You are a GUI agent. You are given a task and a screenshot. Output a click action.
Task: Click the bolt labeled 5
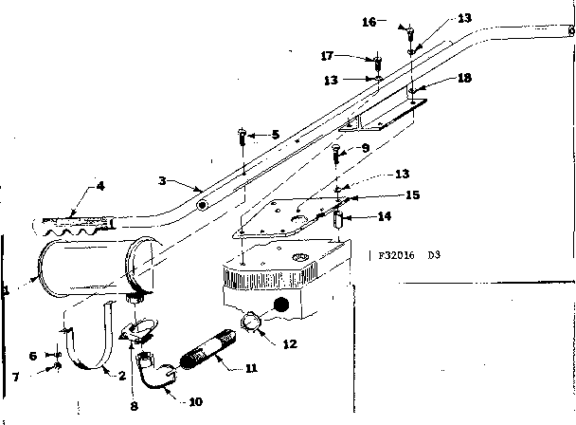pos(243,137)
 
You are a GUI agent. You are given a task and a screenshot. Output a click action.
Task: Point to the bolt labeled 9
pos(335,153)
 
